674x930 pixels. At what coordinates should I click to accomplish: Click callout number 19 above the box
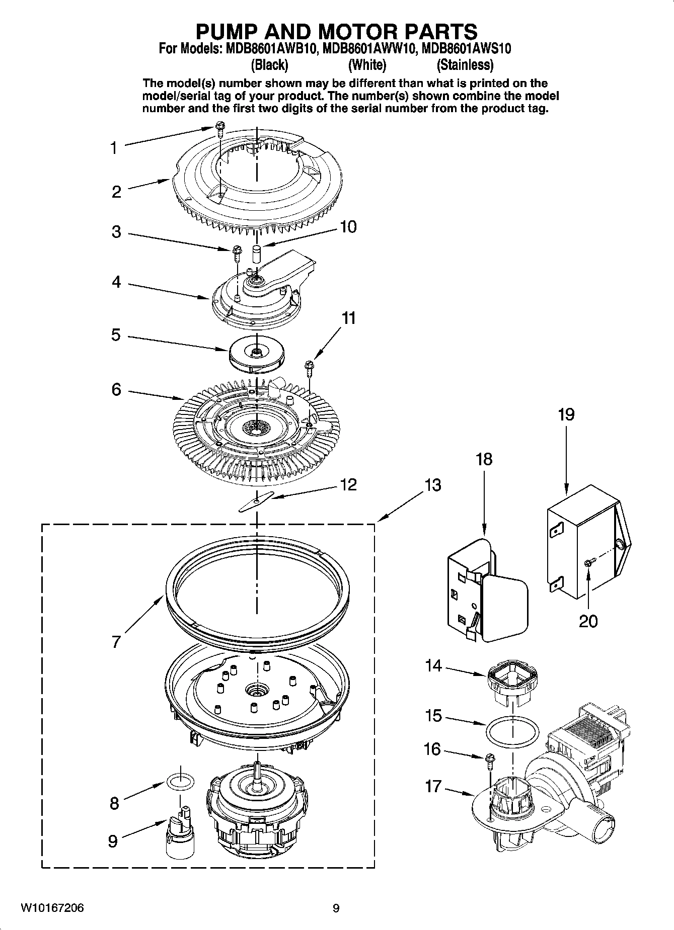566,415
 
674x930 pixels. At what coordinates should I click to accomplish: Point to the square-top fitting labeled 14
512,682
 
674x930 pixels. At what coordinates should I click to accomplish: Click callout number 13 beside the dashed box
432,485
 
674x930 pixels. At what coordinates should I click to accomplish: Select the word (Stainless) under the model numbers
465,65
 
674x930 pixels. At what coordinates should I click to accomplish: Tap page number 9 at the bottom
336,908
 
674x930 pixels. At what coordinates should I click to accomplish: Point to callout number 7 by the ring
116,642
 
